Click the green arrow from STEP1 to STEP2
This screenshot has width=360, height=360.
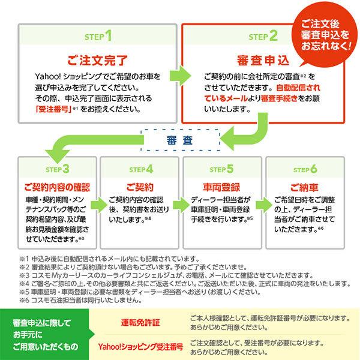[178, 74]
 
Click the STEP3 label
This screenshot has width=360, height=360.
[58, 169]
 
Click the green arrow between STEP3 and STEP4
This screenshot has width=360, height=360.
[98, 205]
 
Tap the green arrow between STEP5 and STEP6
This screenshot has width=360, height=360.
[262, 205]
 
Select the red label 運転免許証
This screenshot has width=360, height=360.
[140, 322]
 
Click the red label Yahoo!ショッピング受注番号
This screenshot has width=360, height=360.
[140, 346]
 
